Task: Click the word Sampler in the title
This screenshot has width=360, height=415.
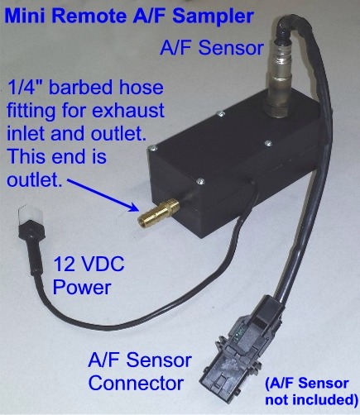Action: click(x=213, y=16)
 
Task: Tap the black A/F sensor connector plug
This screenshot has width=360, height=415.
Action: click(x=242, y=351)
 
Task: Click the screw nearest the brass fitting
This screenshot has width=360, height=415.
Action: click(x=199, y=181)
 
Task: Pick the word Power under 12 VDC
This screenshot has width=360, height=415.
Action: click(x=82, y=288)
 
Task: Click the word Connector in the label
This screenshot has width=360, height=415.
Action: click(x=137, y=384)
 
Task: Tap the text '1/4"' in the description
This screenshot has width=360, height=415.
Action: click(x=25, y=88)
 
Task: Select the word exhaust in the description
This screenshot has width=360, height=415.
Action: click(x=128, y=111)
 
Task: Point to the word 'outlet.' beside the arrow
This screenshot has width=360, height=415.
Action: click(x=34, y=180)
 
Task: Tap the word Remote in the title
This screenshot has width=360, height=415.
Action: click(x=89, y=16)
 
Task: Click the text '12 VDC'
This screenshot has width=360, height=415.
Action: click(x=89, y=264)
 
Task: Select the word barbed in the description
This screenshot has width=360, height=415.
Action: click(x=79, y=88)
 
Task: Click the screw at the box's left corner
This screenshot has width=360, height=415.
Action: click(x=152, y=149)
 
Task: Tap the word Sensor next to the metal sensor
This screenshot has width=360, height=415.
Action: click(x=231, y=48)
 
